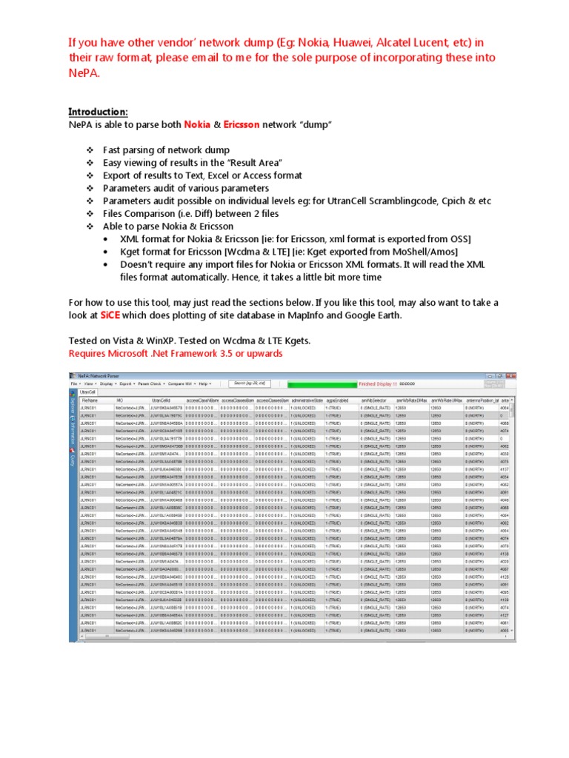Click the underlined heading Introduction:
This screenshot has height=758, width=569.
pos(98,112)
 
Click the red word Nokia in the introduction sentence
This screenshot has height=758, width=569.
pos(197,125)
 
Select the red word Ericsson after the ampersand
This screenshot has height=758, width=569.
pos(237,125)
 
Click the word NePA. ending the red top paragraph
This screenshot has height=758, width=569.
pos(84,73)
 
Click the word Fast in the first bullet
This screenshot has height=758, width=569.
pos(113,150)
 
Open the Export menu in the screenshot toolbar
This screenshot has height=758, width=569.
pos(125,384)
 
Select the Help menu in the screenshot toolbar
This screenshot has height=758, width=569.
pos(204,384)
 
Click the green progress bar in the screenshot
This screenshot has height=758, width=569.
pos(322,384)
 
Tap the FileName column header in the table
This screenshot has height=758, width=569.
pos(89,400)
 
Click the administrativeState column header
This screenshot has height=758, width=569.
pos(307,400)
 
